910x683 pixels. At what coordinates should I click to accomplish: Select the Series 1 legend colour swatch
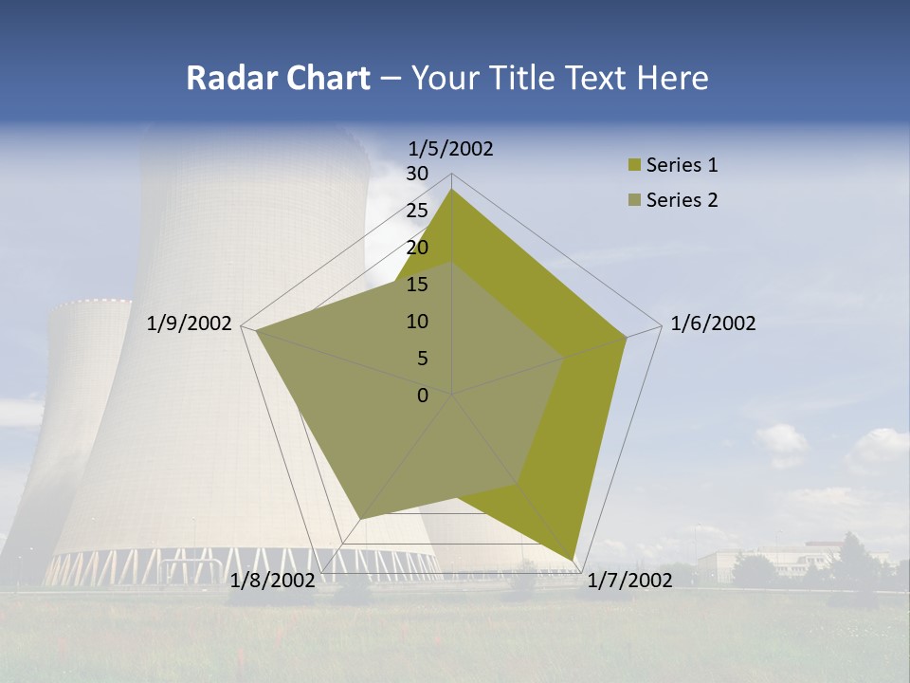pos(633,165)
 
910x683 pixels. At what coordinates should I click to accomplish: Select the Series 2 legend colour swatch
pos(633,200)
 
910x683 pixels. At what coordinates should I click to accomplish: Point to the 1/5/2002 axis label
pos(451,149)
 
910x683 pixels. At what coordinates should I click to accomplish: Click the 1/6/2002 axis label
pos(713,324)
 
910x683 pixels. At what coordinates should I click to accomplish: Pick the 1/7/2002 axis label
pos(629,581)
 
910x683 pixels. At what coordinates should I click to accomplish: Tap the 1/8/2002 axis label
pos(273,581)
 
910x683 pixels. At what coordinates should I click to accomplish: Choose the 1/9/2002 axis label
pos(190,324)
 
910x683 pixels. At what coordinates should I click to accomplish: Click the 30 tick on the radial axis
pos(417,174)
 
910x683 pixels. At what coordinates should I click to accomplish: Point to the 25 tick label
pos(417,211)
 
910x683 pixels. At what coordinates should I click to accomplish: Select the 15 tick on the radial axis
pos(417,285)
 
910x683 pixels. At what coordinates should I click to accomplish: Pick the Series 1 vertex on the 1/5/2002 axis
pos(452,189)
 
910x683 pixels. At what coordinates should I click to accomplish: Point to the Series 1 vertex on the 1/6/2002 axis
pos(627,337)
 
